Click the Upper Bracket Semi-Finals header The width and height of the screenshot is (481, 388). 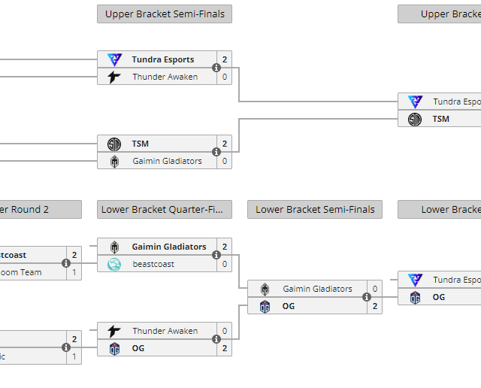(165, 14)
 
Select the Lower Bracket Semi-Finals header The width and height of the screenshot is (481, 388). (315, 209)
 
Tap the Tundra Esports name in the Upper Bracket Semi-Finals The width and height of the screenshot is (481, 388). (163, 59)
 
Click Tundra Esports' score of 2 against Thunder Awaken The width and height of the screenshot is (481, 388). (225, 59)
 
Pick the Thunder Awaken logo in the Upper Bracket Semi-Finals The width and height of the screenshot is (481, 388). (114, 77)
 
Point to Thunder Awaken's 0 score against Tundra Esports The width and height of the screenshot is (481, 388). (225, 77)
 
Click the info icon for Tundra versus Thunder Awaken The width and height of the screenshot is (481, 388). (216, 68)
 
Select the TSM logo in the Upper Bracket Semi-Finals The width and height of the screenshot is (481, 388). (114, 144)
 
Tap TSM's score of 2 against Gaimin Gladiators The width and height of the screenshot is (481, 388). (225, 144)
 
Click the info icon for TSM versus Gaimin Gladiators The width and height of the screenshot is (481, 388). (216, 152)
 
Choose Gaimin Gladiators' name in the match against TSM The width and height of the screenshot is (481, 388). (167, 161)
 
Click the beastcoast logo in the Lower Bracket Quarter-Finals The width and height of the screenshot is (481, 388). (114, 264)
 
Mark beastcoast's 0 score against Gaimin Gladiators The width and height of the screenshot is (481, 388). (225, 264)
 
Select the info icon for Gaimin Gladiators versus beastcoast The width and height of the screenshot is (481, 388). (216, 255)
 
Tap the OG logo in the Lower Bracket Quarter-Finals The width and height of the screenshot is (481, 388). (114, 348)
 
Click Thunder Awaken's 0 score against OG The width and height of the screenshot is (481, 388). (225, 331)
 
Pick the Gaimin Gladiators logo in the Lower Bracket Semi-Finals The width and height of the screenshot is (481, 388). (265, 289)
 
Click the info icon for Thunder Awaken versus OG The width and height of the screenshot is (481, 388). (216, 339)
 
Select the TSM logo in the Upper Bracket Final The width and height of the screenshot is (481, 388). (415, 119)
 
